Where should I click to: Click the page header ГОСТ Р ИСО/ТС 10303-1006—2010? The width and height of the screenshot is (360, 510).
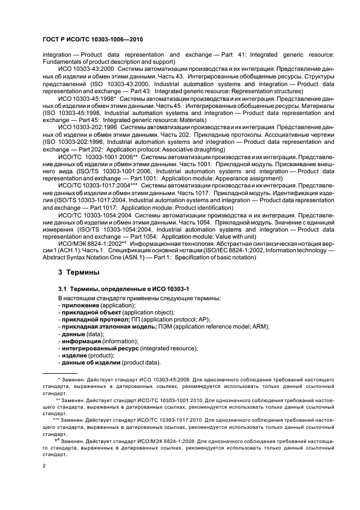(89, 40)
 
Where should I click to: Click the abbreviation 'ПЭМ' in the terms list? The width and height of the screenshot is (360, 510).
(164, 327)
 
